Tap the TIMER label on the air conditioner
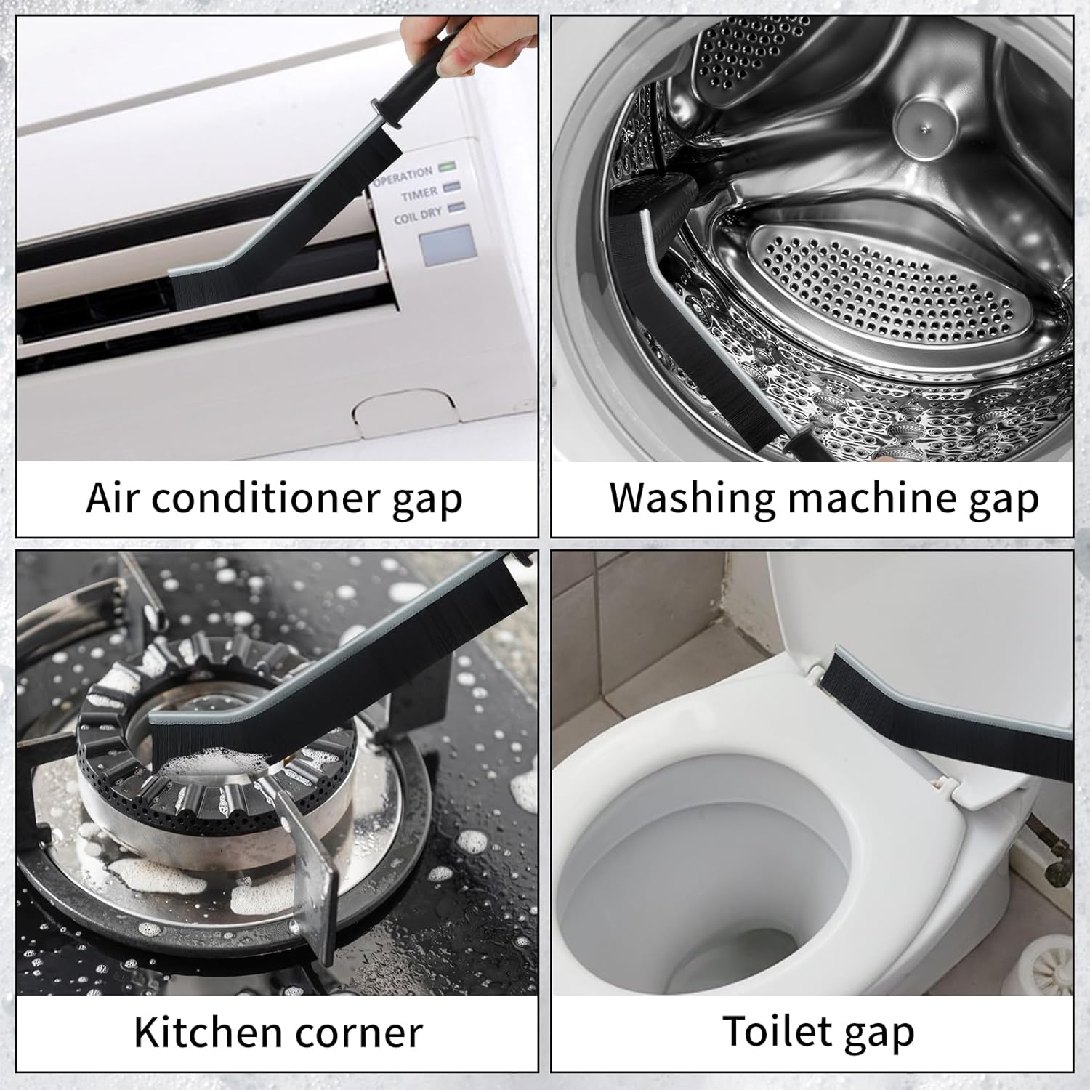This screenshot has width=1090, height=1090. coord(419,194)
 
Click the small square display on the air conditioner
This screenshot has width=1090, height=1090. coord(446,245)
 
